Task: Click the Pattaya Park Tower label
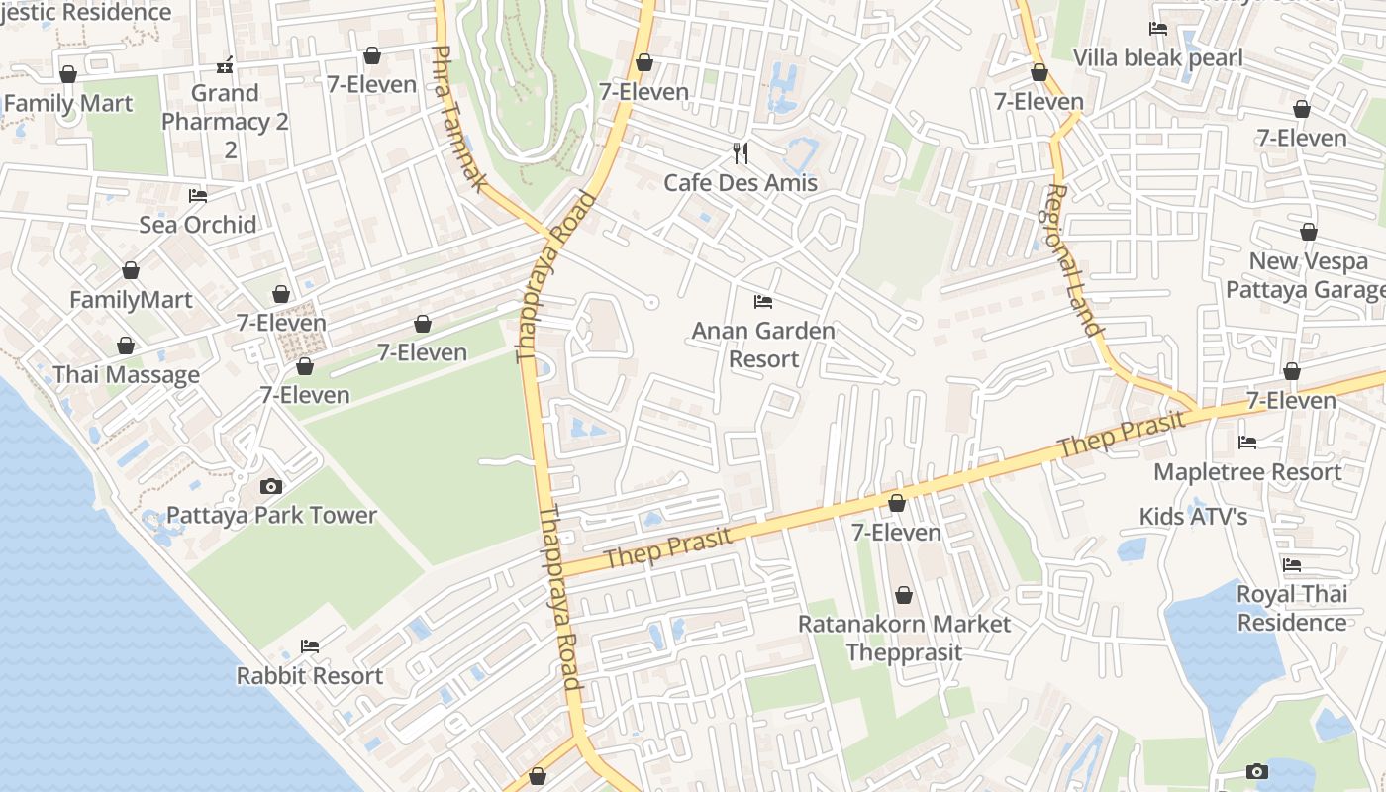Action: [271, 515]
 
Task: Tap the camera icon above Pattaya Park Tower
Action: [270, 486]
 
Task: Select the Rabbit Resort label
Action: [309, 676]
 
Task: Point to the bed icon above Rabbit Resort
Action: [310, 646]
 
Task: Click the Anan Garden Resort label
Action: [763, 345]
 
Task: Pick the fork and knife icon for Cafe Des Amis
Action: [740, 152]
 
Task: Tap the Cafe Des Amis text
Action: [741, 183]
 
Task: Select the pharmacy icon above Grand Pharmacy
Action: [226, 65]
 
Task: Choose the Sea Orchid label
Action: [198, 225]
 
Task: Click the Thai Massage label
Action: [126, 375]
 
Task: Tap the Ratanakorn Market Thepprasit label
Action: [904, 639]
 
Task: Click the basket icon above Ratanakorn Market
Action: [903, 595]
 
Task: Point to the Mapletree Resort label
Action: [1247, 472]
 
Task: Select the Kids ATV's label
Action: [1193, 516]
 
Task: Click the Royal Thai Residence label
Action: [1292, 608]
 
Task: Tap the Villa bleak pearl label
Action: [1157, 58]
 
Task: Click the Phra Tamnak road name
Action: [460, 119]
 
